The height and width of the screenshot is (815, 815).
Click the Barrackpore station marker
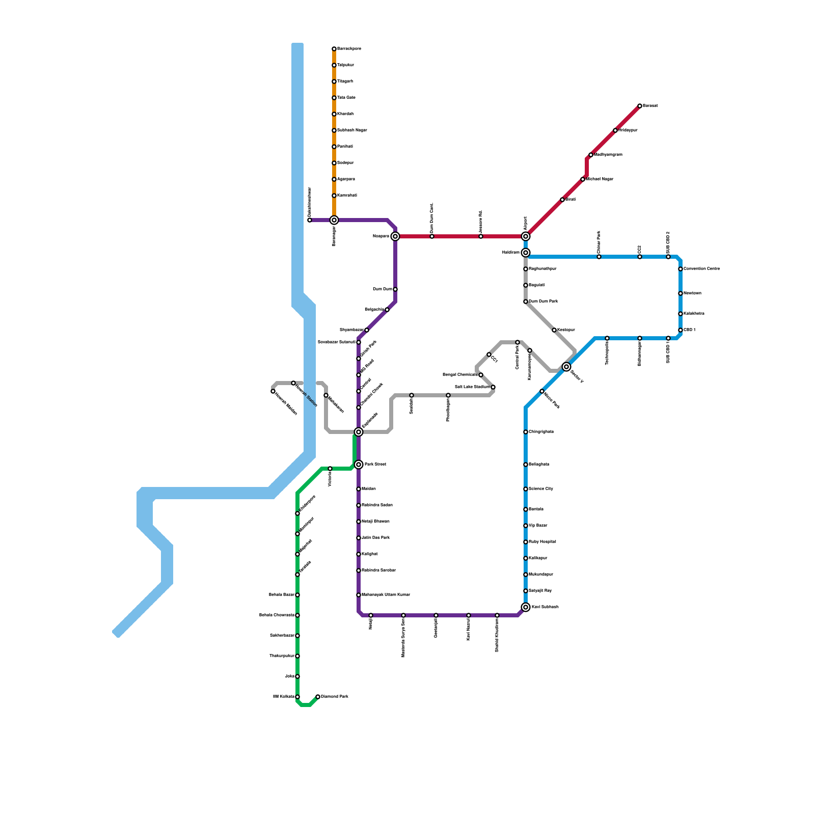click(334, 49)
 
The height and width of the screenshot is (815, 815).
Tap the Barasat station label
click(650, 106)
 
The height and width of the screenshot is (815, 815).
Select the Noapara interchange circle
click(395, 236)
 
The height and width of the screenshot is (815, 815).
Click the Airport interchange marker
click(526, 236)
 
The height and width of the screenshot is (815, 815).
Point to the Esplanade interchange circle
click(359, 432)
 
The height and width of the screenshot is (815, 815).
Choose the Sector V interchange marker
click(566, 367)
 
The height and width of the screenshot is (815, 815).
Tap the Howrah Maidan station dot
click(273, 391)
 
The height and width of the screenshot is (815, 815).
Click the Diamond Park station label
click(335, 696)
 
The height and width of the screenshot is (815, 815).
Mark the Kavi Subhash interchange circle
click(526, 607)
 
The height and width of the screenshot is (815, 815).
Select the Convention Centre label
click(702, 269)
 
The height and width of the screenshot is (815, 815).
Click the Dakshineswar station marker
click(310, 220)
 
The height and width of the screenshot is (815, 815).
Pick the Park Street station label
click(375, 465)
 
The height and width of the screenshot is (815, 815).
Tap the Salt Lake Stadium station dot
click(493, 387)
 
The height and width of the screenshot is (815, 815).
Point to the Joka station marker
click(297, 676)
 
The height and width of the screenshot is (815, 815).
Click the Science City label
click(541, 489)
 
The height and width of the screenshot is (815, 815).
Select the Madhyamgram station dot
click(591, 155)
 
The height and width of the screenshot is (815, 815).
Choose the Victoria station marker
click(330, 469)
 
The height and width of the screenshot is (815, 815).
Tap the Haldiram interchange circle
click(526, 253)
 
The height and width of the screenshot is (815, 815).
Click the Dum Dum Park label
click(544, 302)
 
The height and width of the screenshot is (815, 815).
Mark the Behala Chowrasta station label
click(277, 615)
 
